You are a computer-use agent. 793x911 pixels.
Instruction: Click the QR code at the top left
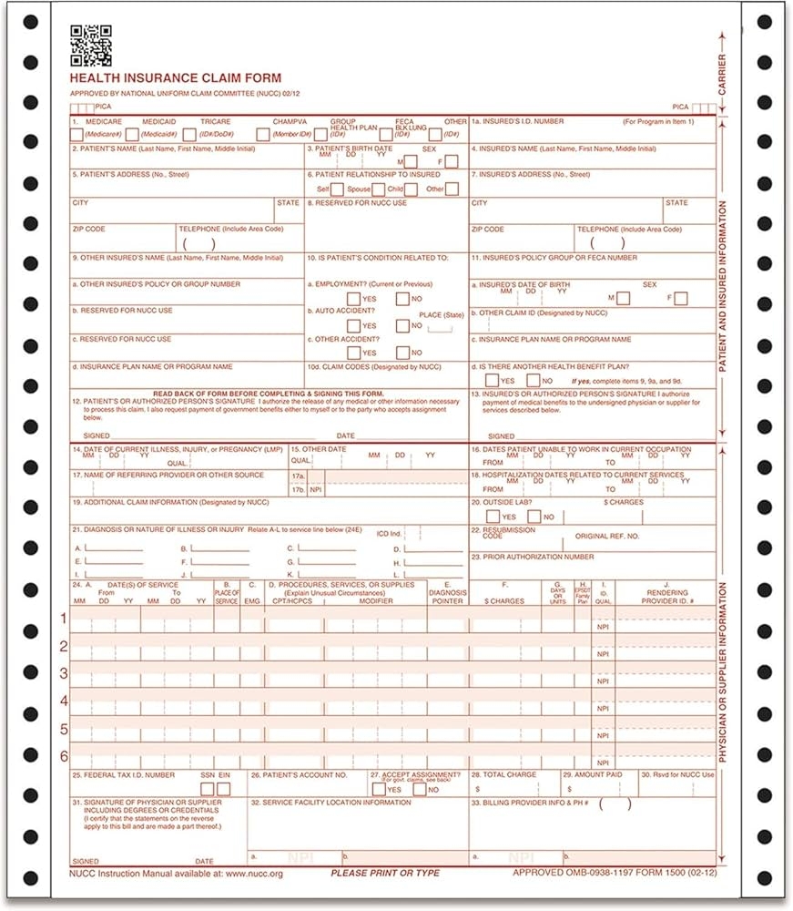point(91,45)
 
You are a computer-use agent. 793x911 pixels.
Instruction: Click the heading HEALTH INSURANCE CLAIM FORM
point(176,78)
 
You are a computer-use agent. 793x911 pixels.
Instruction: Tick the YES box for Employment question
point(353,299)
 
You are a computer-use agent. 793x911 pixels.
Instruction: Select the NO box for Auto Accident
point(402,326)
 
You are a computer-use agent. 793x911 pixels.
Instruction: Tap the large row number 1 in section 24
point(64,619)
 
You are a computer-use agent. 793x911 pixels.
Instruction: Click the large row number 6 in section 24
point(64,755)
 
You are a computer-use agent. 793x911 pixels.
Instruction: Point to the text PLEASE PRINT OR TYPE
point(384,873)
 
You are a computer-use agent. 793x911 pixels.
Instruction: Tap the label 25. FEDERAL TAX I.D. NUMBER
point(123,775)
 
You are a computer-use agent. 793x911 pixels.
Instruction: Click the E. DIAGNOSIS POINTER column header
point(447,593)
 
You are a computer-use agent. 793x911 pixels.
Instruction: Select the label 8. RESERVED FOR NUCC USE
point(356,203)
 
